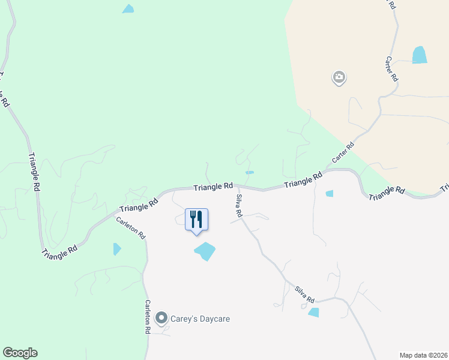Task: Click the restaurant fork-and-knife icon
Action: pos(196,219)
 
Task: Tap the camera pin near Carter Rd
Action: pos(339,77)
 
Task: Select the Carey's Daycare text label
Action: pos(200,319)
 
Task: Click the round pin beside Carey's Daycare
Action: pos(161,317)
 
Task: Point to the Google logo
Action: pos(20,353)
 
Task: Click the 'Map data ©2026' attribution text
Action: pos(423,355)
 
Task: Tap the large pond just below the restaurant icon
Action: pos(205,251)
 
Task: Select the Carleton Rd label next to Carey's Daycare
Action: pos(147,317)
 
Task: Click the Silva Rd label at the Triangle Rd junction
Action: pos(238,205)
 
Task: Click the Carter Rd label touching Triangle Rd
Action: pos(343,153)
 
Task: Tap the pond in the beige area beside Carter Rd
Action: pos(420,55)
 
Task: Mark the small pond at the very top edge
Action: pos(128,9)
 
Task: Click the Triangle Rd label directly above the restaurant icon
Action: pos(213,187)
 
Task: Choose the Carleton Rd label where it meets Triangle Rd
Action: pos(131,227)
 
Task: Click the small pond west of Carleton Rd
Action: pos(116,248)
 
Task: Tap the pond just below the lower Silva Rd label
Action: pos(313,312)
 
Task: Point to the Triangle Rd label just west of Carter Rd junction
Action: pos(303,179)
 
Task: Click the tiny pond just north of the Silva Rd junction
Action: pos(250,173)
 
